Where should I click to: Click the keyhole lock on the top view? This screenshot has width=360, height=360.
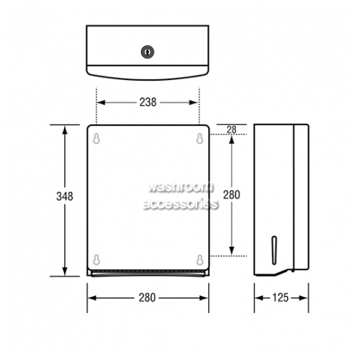tap(148, 52)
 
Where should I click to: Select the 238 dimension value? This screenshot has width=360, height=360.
tap(148, 102)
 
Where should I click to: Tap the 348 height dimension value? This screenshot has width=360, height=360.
tap(65, 197)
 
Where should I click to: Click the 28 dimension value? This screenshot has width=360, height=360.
tap(232, 130)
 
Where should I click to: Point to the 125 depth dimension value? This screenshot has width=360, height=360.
tap(280, 298)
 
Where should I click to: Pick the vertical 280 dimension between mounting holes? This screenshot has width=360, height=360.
tap(232, 194)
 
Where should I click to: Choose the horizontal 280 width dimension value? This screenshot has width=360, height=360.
tap(148, 298)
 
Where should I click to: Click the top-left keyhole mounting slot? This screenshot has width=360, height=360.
tap(96, 138)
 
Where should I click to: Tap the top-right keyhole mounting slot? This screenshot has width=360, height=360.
tap(200, 138)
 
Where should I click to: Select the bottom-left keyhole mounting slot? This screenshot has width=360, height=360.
tap(96, 260)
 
